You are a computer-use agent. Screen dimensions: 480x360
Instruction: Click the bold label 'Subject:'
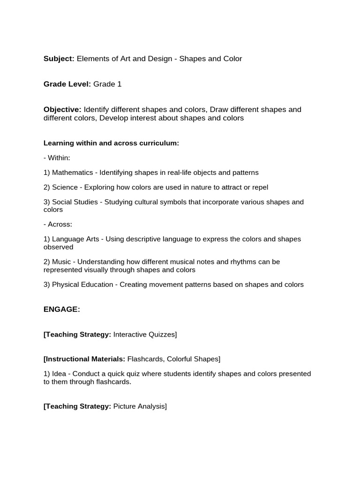(x=59, y=59)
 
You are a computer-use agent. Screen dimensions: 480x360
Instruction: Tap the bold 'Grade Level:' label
(x=67, y=84)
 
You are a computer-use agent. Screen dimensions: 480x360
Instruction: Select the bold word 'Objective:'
(x=62, y=109)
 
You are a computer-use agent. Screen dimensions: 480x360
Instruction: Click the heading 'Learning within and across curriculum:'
(x=111, y=143)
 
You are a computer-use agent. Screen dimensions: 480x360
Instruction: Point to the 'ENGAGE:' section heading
(x=62, y=309)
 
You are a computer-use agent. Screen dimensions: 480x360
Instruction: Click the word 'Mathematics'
(x=72, y=172)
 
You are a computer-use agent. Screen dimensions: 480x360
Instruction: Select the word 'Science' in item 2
(x=65, y=187)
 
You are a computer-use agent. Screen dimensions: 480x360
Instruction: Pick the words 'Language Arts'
(x=75, y=239)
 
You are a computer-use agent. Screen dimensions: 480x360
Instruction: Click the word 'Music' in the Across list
(x=62, y=262)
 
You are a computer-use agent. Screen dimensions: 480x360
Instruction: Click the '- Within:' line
(x=57, y=158)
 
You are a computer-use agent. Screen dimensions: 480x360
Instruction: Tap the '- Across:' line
(x=58, y=225)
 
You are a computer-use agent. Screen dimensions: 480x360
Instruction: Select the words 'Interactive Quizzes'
(x=144, y=335)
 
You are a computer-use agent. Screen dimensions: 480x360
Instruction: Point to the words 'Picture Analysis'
(x=139, y=406)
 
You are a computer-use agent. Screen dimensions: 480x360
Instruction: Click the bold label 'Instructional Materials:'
(x=84, y=359)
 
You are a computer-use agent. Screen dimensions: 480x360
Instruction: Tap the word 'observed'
(x=59, y=247)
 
